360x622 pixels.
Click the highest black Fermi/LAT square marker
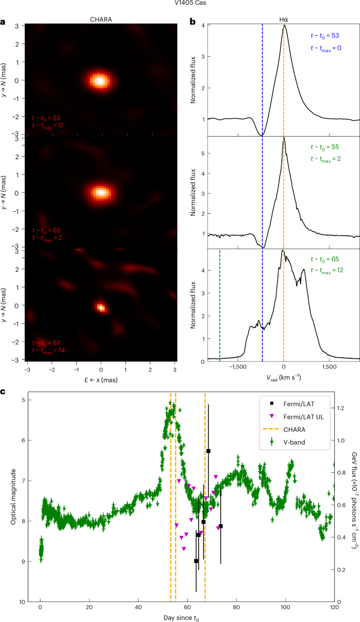[209, 451]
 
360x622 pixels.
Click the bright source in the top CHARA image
[99, 80]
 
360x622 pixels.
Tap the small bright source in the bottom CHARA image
[100, 307]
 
